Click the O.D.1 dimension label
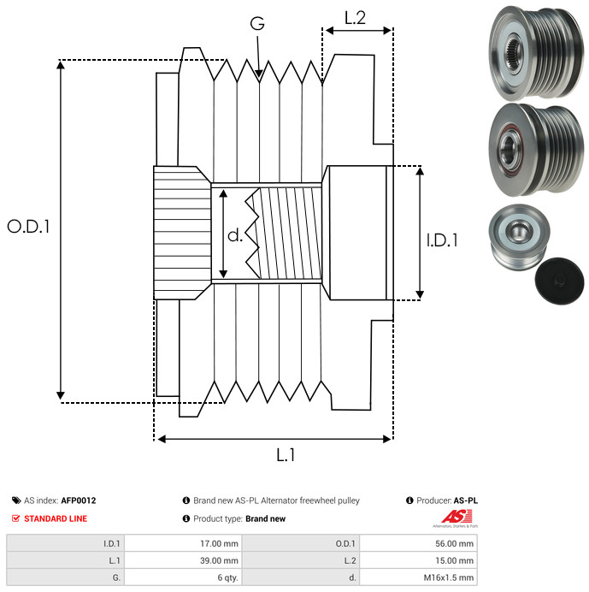coord(29,227)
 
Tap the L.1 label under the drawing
coord(286,456)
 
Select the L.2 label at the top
coord(355,18)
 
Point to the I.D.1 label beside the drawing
coord(442,241)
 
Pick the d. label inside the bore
coord(235,234)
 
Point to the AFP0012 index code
coord(79,500)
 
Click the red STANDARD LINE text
coord(55,518)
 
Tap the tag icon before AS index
coord(16,500)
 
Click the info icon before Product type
coord(186,518)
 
